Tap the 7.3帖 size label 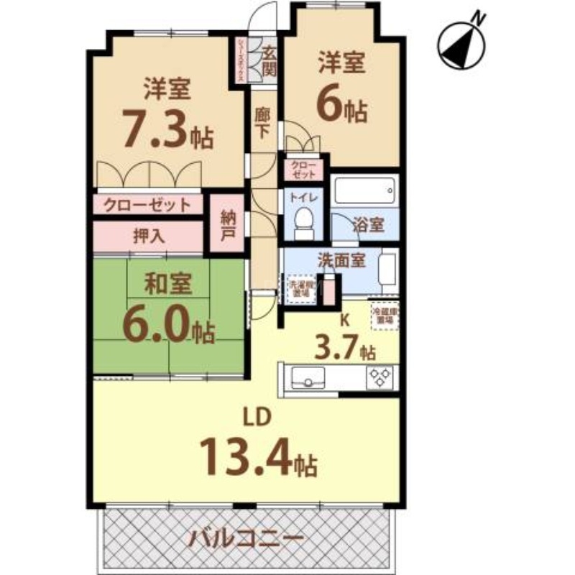coord(167,130)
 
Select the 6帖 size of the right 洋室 coord(343,109)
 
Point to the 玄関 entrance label coord(270,60)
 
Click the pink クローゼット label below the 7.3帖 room coord(147,205)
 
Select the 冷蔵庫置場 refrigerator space coord(385,315)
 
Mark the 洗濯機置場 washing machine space coord(302,290)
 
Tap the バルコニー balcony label coord(247,538)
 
